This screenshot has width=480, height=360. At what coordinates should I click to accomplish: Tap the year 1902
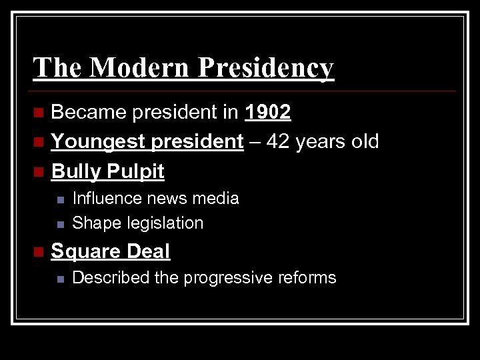pyautogui.click(x=267, y=113)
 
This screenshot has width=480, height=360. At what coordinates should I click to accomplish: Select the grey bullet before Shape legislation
pyautogui.click(x=60, y=223)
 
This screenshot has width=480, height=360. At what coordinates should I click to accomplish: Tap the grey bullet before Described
pyautogui.click(x=60, y=278)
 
